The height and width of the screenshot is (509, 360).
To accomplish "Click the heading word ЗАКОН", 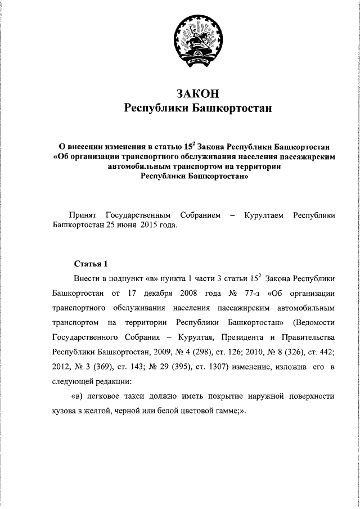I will [197, 93].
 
